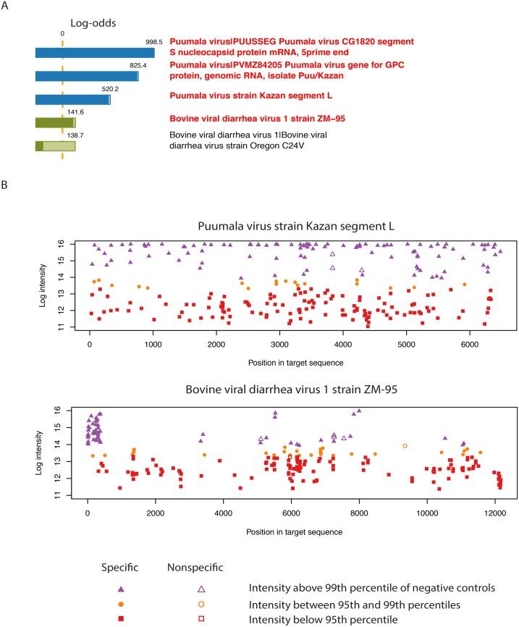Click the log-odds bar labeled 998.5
tap(94, 53)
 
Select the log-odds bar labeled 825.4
tap(87, 76)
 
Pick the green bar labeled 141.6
tap(55, 123)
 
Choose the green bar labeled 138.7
tap(55, 146)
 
